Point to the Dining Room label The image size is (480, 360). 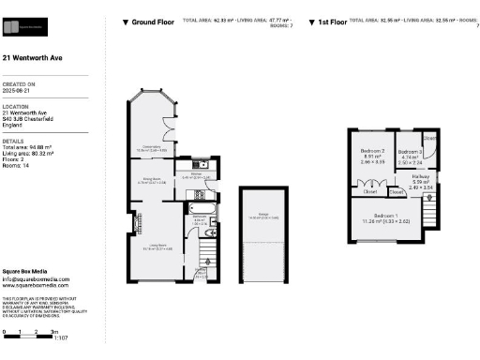(152, 181)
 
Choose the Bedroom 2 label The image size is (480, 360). (373, 153)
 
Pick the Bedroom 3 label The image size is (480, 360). (410, 153)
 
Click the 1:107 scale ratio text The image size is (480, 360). (62, 337)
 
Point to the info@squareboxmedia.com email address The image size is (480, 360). (35, 278)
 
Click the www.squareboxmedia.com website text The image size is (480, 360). (35, 285)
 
